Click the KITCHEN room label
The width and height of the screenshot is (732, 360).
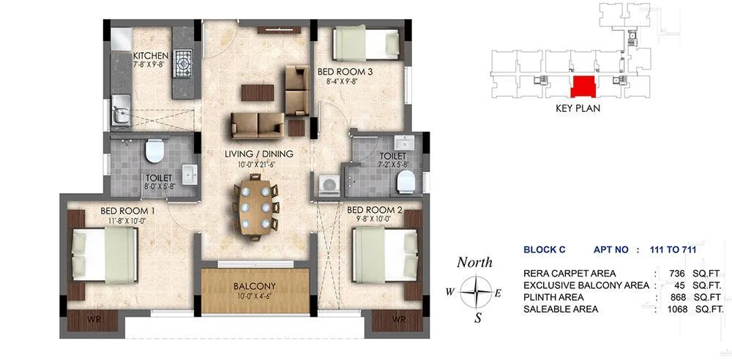[x=151, y=56]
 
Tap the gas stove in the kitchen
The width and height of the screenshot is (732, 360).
[x=182, y=59]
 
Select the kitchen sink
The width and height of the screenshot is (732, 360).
[x=119, y=115]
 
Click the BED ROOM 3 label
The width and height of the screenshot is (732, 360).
[x=346, y=72]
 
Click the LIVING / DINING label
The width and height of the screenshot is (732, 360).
[x=259, y=154]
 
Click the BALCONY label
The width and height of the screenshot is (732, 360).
[x=255, y=285]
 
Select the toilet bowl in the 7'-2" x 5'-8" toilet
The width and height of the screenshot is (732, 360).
[x=411, y=179]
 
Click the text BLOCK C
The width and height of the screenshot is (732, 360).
[x=545, y=250]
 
